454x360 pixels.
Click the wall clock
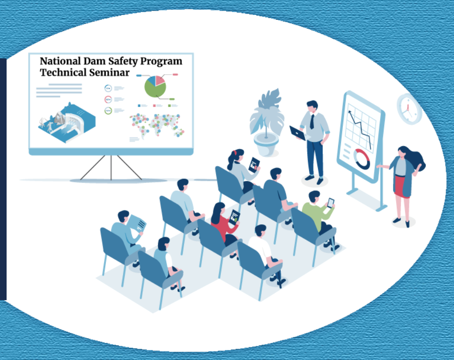408,109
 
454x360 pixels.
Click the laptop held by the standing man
297,133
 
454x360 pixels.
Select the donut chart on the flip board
362,159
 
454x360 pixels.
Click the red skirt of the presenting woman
399,186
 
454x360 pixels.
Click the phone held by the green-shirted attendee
331,203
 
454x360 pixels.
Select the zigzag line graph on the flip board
360,127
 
